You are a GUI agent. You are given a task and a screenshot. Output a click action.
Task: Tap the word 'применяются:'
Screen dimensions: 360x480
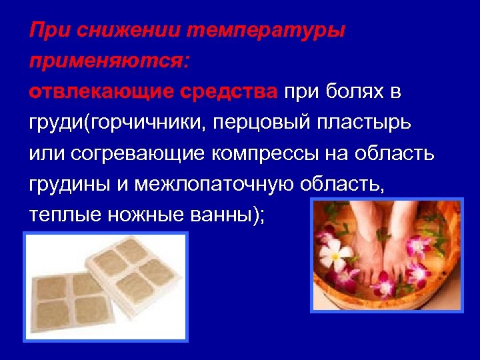pyautogui.click(x=109, y=62)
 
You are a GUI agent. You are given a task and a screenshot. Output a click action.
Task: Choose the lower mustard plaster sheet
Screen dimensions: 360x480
pyautogui.click(x=73, y=300)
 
